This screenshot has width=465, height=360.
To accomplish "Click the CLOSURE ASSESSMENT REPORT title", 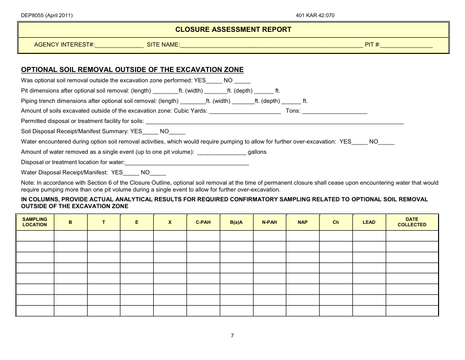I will click(x=233, y=29).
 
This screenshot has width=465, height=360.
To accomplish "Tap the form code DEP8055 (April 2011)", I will click(x=47, y=15).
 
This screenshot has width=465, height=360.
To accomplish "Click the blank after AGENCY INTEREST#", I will click(x=119, y=45).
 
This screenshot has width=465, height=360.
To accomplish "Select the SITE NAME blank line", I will click(x=272, y=45).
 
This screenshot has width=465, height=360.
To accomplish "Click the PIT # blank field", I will click(x=407, y=45).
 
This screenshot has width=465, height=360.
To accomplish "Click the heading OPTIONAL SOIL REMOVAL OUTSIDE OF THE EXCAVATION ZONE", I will click(x=132, y=70).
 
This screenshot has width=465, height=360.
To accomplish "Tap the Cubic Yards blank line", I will click(x=245, y=111).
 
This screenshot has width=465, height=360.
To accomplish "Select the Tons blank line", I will click(x=335, y=111).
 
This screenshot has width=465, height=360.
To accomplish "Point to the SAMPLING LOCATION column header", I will click(x=35, y=222).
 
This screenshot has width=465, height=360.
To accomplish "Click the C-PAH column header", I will click(x=203, y=222).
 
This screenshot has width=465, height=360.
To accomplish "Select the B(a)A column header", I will click(x=236, y=222).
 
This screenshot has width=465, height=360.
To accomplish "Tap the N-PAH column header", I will click(x=269, y=222).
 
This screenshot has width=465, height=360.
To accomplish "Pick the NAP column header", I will click(x=302, y=222).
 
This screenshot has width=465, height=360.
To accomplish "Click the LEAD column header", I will click(x=369, y=222).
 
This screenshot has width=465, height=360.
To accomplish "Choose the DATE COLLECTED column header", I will click(x=412, y=222).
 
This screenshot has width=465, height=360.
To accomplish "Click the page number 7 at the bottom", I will click(x=232, y=336).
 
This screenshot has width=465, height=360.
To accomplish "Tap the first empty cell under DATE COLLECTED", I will click(x=412, y=236).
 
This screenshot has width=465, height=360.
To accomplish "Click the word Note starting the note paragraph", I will click(x=27, y=183).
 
